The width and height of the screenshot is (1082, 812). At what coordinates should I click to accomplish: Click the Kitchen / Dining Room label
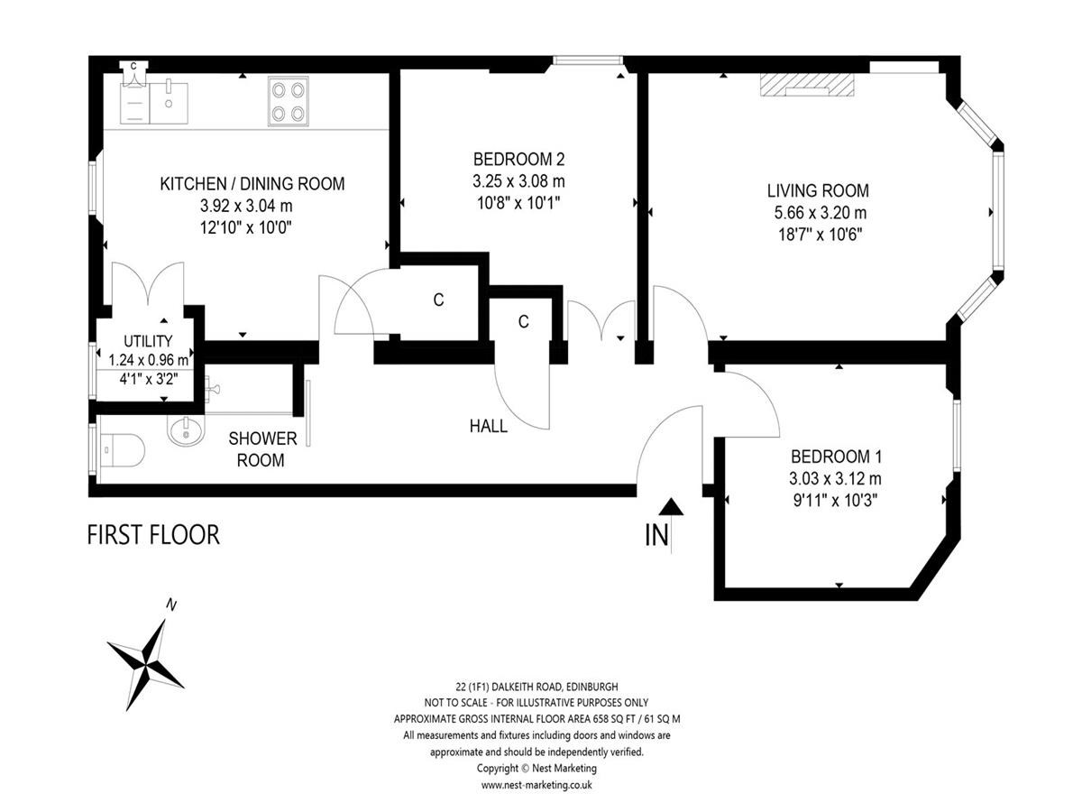coord(252,184)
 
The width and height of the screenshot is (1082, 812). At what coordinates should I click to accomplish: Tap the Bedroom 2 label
coord(518,160)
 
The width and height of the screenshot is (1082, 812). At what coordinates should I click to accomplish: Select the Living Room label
coord(818,190)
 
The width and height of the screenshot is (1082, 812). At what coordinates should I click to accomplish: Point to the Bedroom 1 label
coord(836,457)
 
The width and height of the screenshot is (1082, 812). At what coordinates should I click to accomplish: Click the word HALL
coord(489,426)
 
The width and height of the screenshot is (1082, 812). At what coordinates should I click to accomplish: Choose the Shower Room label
coord(262,449)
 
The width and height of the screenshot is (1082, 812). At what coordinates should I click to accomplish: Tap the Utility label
coord(148,341)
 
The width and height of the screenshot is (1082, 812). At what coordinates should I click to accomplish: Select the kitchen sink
coord(169,103)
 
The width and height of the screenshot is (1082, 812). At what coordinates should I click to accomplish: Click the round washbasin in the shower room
coord(186,431)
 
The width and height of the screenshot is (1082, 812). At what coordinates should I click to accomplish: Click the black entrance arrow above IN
coord(671,507)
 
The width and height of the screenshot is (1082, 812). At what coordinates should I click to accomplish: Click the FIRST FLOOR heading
coord(153,535)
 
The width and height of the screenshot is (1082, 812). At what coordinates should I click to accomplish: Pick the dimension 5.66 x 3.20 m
coord(821,213)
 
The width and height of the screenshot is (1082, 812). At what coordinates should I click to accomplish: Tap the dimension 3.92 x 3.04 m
coord(246,206)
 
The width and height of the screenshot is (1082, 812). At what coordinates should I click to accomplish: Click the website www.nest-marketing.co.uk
coord(536,784)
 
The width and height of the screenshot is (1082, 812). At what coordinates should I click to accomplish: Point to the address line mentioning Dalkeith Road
coord(536,687)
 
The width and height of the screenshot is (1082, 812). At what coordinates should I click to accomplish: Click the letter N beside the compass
coord(171,604)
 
